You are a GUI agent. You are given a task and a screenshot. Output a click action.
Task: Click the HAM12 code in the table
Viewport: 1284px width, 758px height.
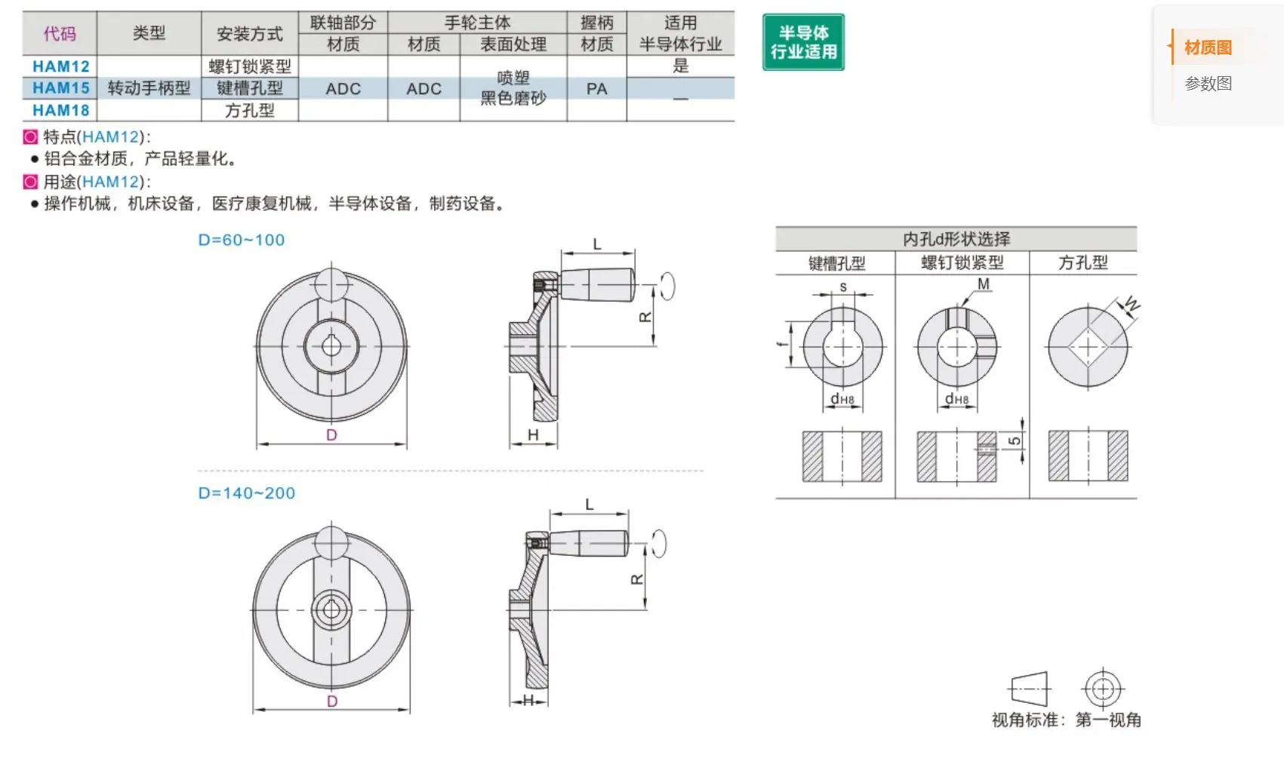point(60,66)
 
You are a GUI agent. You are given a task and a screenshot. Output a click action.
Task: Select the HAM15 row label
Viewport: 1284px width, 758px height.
point(60,88)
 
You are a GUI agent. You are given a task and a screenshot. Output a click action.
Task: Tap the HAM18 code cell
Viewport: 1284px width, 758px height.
point(60,110)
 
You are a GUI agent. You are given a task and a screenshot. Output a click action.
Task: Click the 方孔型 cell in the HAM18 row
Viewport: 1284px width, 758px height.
point(249,110)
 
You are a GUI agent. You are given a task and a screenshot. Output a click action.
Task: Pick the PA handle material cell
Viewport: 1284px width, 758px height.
point(597,89)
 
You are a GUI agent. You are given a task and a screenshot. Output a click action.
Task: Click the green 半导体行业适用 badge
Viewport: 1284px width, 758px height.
point(803,41)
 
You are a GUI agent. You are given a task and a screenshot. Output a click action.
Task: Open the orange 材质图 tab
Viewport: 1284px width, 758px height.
point(1208,47)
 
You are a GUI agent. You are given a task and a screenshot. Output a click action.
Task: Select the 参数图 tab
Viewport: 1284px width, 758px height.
point(1208,84)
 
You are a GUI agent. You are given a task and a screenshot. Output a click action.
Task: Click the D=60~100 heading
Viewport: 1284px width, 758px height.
point(242,240)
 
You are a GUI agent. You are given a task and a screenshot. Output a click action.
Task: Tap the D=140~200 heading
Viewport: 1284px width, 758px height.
point(247,493)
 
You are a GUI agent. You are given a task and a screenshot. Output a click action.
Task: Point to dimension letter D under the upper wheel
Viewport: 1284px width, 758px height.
point(331,435)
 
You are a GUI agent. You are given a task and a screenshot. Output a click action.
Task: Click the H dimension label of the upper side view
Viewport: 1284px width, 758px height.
point(533,435)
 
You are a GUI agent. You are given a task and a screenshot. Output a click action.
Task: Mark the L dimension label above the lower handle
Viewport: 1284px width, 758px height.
point(590,505)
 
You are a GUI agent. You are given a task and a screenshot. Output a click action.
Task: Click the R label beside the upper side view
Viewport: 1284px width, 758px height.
point(645,317)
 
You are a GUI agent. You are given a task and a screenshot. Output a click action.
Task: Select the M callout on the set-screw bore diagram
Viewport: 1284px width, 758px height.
point(984,284)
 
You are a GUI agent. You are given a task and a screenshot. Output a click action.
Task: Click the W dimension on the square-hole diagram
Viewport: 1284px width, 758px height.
point(1132,303)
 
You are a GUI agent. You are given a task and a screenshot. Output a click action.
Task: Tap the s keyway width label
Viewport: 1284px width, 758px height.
point(843,287)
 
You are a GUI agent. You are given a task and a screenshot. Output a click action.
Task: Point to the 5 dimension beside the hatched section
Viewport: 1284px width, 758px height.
point(1014,440)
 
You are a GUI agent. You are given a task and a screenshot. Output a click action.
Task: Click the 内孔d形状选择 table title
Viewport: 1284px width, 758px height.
point(956,239)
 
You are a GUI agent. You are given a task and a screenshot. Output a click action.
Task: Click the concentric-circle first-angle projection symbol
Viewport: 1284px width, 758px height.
point(1103,689)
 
